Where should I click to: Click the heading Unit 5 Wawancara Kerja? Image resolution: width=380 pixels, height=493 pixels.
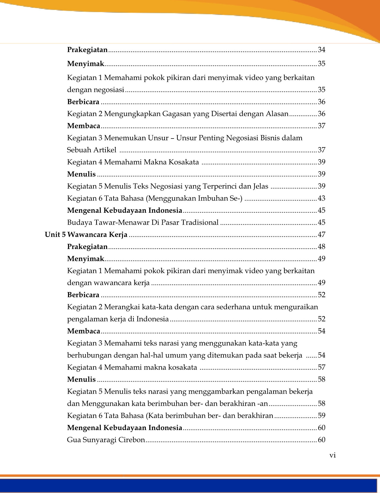pos(86,235)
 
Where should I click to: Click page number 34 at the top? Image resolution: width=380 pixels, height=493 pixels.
pos(321,50)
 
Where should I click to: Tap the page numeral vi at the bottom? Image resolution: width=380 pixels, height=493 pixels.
pos(333,455)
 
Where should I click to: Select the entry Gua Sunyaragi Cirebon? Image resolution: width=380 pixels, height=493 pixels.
pos(106,440)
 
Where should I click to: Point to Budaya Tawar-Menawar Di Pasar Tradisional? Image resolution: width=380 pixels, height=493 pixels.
pos(143,222)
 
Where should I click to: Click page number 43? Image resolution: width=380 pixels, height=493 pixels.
pos(321,198)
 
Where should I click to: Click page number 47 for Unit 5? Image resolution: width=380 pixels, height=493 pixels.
pos(321,235)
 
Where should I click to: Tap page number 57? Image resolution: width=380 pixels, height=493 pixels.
pos(321,367)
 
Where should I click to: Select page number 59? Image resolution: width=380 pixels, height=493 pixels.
pos(321,416)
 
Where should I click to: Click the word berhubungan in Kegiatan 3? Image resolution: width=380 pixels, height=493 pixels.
pos(89,355)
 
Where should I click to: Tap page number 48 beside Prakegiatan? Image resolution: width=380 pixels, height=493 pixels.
pos(321,247)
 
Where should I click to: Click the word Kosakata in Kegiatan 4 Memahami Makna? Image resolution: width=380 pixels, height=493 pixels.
pos(184,162)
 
